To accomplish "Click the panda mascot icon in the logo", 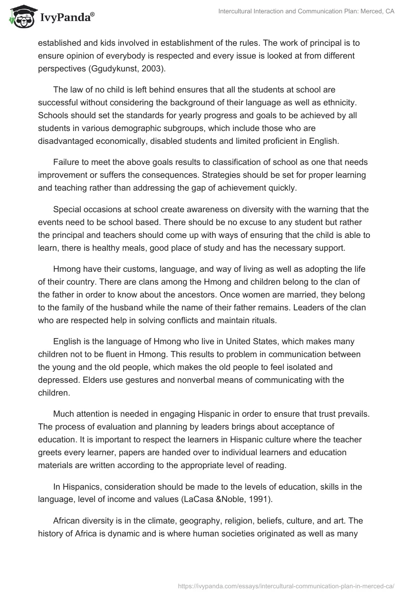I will tap(20, 16).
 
